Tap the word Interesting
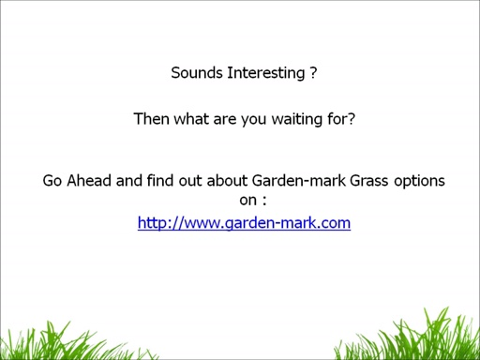[x=265, y=72]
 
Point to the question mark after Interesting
[x=312, y=72]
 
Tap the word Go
[x=53, y=181]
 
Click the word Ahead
[x=89, y=181]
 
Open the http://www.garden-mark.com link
[x=244, y=223]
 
